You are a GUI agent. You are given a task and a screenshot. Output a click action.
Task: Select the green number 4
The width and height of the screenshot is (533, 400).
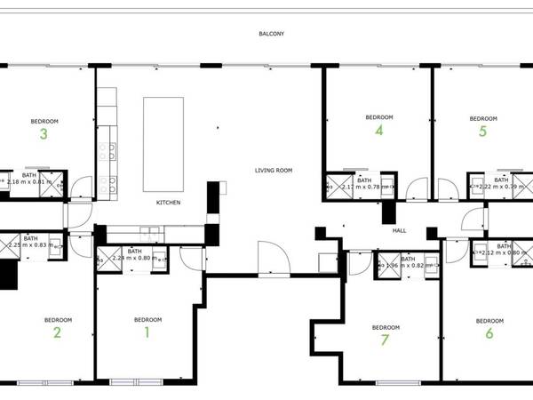[379, 131]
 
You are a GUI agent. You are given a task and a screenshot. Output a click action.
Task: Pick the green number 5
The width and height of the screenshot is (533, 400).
[482, 132]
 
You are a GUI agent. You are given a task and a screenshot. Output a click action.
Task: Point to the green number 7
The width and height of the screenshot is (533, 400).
[385, 340]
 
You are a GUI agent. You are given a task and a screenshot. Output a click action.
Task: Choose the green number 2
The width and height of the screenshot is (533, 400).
[57, 333]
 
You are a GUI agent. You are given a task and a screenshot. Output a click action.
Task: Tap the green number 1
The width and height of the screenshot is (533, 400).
[147, 333]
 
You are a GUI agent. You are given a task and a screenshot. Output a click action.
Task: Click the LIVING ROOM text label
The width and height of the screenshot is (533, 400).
[273, 170]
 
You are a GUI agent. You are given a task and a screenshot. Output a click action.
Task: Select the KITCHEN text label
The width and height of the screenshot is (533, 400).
[169, 203]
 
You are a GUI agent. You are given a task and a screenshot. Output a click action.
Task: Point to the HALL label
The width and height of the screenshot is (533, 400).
[400, 231]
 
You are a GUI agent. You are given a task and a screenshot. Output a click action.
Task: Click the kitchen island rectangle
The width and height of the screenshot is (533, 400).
[163, 145]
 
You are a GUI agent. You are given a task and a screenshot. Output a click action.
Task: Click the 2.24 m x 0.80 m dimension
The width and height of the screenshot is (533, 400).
[135, 259]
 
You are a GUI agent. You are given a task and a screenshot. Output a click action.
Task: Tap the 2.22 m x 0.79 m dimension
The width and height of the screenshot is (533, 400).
[501, 187]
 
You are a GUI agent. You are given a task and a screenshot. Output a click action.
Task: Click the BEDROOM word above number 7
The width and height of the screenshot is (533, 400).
[385, 328]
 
